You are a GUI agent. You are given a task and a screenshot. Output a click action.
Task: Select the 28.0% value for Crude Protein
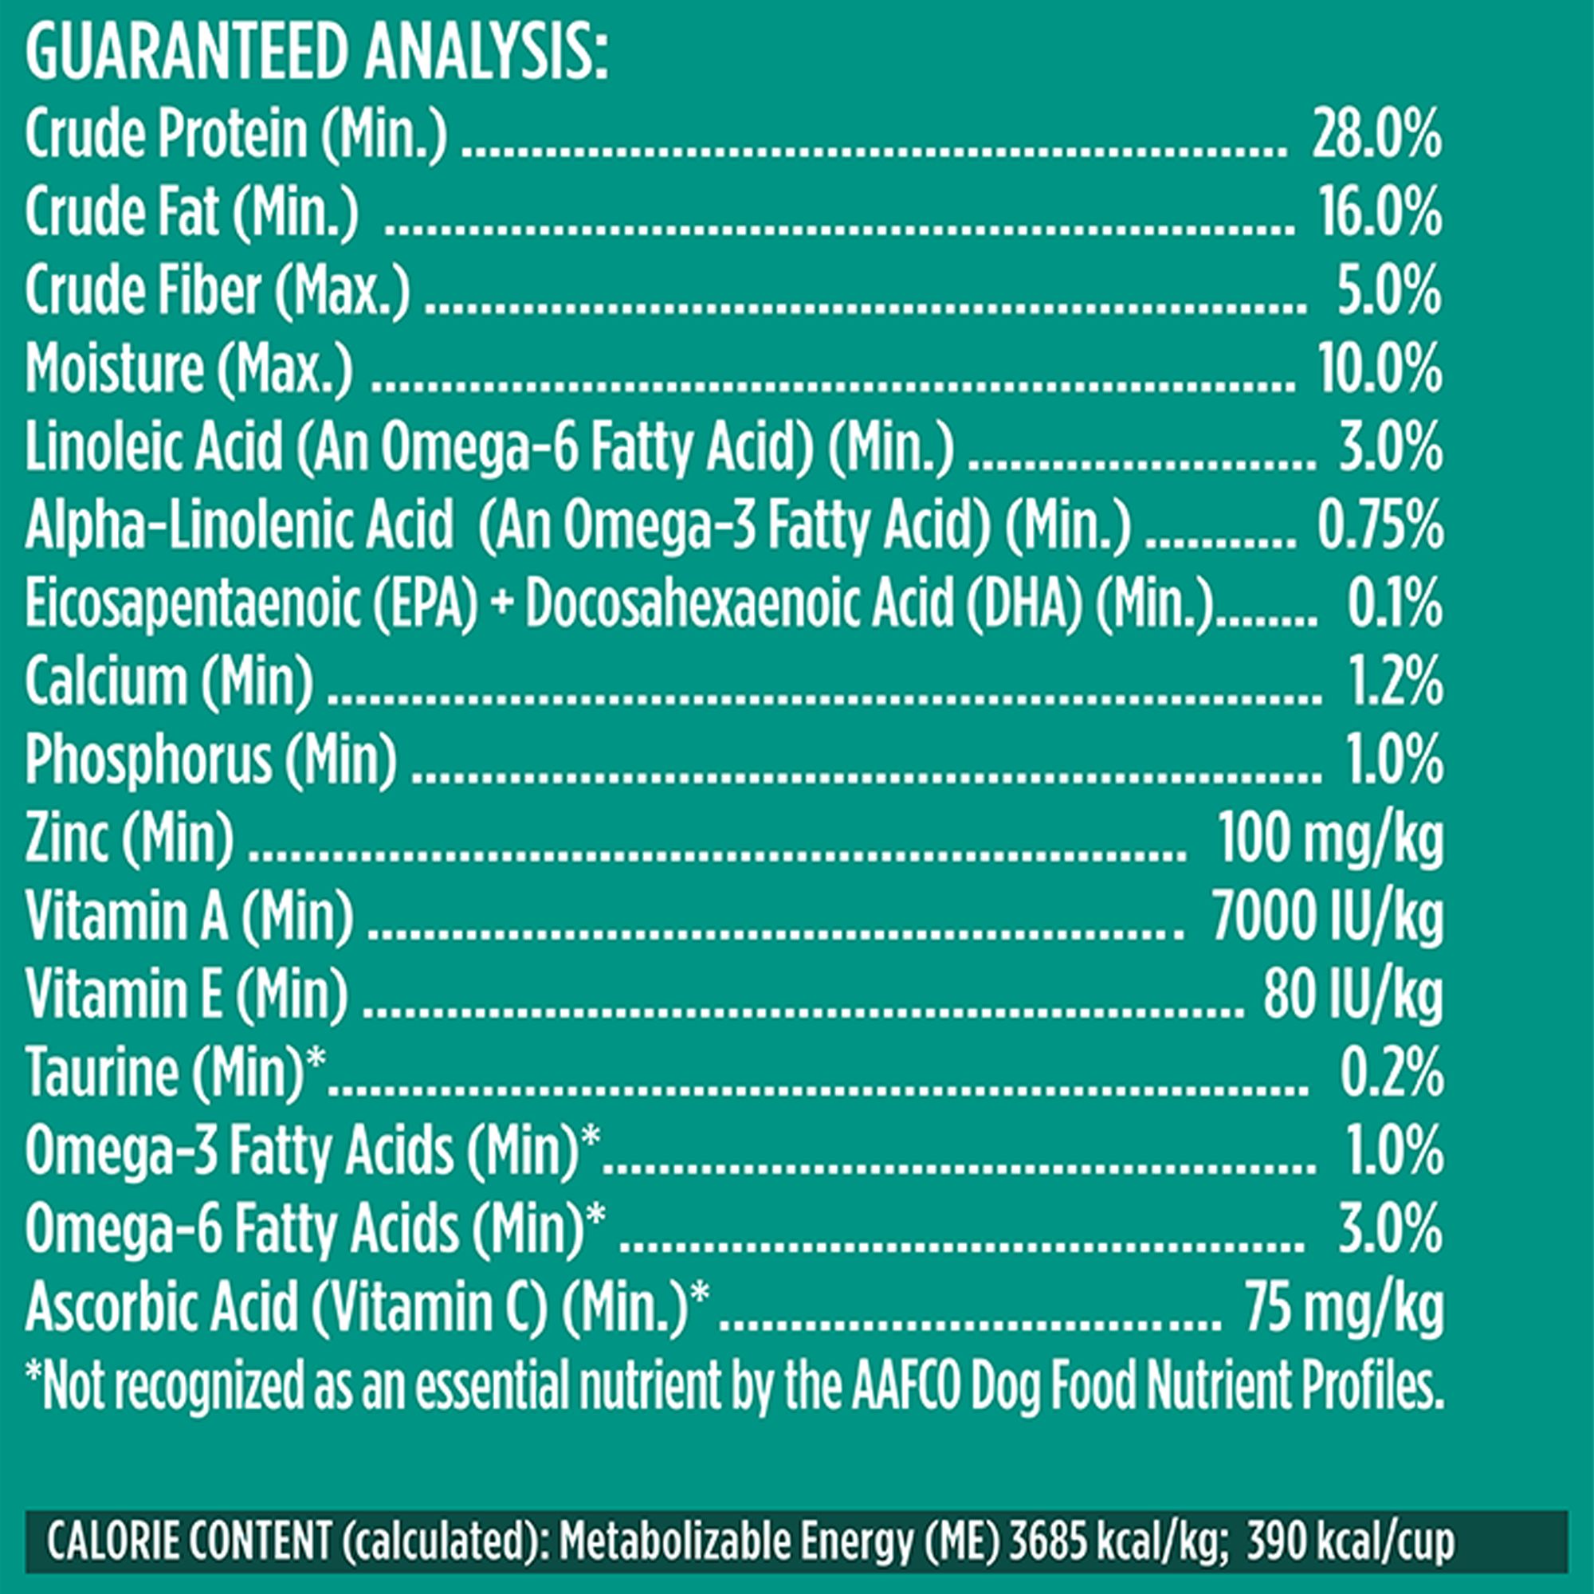[1376, 136]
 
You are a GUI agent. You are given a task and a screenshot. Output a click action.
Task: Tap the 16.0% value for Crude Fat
[1380, 214]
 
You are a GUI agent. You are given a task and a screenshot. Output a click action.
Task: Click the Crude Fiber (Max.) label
[217, 292]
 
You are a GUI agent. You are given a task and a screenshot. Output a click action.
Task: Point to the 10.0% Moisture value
[1380, 370]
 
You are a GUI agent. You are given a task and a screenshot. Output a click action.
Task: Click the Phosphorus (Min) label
[210, 760]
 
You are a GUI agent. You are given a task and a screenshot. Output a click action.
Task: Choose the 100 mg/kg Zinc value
[1331, 840]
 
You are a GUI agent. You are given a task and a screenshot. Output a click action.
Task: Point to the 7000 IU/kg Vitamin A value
[1328, 917]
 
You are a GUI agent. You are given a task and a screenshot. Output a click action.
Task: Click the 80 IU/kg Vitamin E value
[1353, 995]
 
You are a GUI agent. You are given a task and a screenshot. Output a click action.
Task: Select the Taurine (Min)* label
[175, 1073]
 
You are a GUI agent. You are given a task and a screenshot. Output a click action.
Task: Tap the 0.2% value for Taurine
[1391, 1074]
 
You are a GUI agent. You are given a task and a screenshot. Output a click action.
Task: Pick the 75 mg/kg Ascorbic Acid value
[1345, 1308]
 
